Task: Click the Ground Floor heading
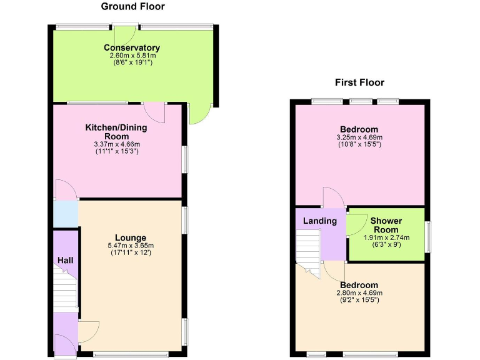(133, 7)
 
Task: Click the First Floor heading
(359, 82)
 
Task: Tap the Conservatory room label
(132, 47)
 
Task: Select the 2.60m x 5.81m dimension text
(132, 56)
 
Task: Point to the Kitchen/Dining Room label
(116, 132)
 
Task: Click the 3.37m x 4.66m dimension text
(116, 144)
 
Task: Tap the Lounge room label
(131, 237)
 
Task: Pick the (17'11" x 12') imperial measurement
(131, 252)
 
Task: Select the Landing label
(320, 221)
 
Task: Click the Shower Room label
(386, 225)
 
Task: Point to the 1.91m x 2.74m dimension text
(386, 237)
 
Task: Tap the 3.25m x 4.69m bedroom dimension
(359, 137)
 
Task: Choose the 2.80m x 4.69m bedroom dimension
(359, 292)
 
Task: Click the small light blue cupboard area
(66, 214)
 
